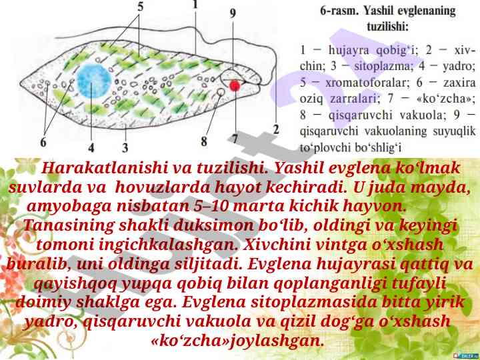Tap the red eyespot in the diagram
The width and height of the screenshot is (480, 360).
(235, 86)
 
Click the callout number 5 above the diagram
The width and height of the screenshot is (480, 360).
(140, 7)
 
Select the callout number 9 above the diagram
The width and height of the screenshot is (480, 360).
(233, 13)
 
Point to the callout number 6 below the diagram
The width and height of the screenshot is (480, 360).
(43, 142)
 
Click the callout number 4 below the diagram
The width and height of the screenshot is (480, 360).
(91, 147)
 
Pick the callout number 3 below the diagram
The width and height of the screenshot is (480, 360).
(125, 147)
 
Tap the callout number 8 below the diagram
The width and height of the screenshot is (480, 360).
(204, 141)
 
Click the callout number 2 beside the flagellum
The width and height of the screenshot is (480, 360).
(276, 129)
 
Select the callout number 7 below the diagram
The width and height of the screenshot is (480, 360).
(234, 139)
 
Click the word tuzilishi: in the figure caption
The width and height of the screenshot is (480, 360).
(388, 26)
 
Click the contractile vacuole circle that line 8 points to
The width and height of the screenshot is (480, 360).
(221, 91)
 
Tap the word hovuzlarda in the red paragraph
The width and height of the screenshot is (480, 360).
(163, 187)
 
